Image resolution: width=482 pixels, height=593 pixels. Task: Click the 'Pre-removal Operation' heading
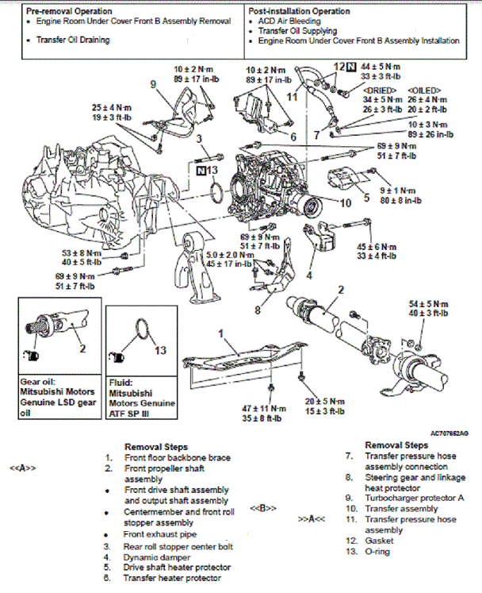[68, 12]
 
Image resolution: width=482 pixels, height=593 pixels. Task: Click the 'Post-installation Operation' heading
[299, 12]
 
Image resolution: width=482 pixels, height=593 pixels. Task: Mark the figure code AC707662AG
[449, 434]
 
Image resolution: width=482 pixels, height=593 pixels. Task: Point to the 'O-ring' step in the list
[382, 551]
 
